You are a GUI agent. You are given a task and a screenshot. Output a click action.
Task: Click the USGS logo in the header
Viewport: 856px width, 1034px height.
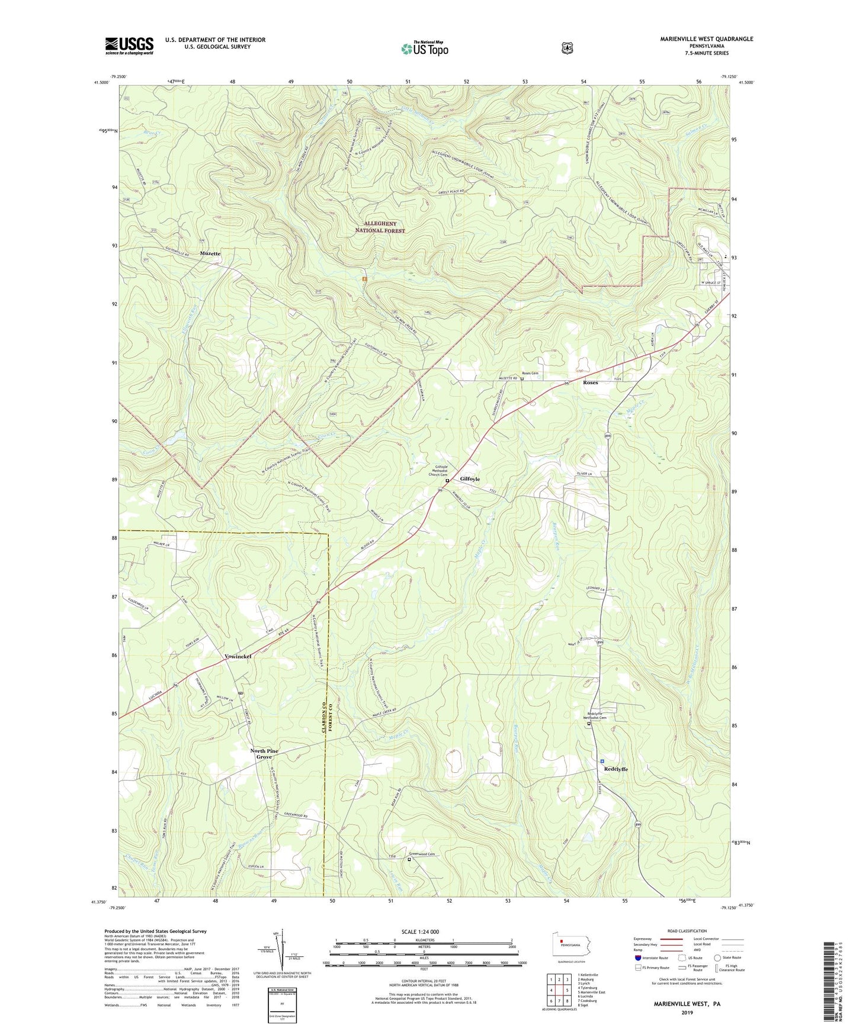(x=129, y=46)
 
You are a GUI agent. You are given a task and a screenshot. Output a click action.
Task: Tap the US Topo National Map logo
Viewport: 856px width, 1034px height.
(x=424, y=49)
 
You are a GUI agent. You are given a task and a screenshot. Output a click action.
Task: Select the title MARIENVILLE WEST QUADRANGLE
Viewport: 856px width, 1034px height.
(x=706, y=39)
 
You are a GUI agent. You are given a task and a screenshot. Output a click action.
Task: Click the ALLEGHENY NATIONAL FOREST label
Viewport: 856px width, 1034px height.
(x=380, y=227)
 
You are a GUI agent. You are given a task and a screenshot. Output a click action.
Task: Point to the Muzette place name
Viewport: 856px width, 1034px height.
(x=210, y=253)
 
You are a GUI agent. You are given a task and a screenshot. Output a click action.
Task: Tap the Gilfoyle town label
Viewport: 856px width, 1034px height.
(x=470, y=479)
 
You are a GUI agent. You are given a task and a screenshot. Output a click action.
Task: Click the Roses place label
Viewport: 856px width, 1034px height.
(x=590, y=383)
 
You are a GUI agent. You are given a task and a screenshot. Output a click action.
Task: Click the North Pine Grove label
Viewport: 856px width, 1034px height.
(x=264, y=754)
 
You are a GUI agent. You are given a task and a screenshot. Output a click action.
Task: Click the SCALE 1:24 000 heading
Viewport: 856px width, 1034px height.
(x=420, y=932)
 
